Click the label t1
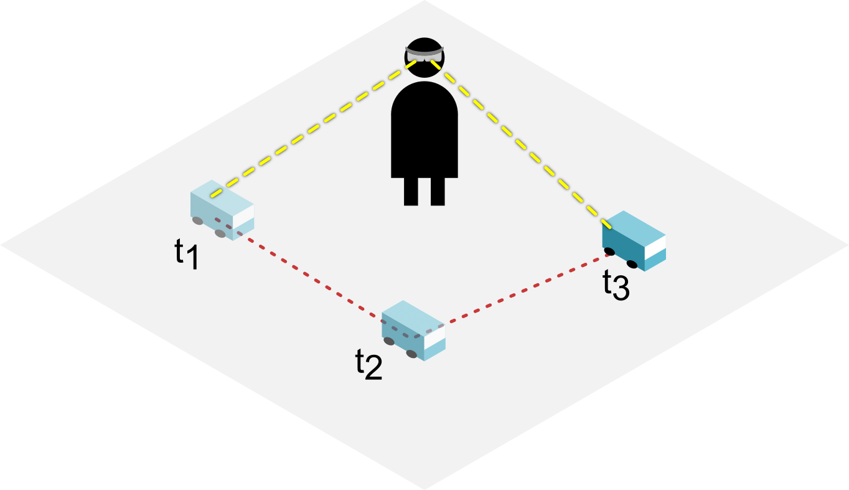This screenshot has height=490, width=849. (x=186, y=255)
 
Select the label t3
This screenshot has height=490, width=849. (x=616, y=285)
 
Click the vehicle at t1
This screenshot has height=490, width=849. (x=222, y=210)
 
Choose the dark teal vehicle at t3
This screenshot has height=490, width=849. (x=634, y=240)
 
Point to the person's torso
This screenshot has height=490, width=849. (x=424, y=134)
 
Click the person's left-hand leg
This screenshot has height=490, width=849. (x=411, y=191)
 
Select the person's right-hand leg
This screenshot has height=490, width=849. (x=438, y=191)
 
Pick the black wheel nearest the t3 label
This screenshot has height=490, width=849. (x=632, y=264)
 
